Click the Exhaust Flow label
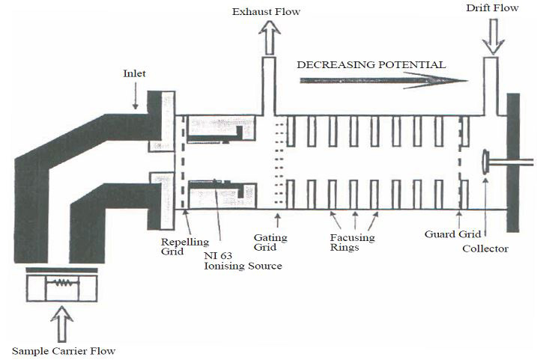coord(266,12)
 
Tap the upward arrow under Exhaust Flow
coord(270,37)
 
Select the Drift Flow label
coord(492,8)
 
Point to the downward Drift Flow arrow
coord(493,37)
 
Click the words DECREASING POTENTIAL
coord(371,64)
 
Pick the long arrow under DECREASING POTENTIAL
coord(384,81)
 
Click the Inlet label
coord(134,73)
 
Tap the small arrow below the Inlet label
coord(136,96)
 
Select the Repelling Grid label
coord(185,247)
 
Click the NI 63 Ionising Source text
coord(243,260)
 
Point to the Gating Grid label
coord(270,242)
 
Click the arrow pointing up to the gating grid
coord(277,220)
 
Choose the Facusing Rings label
coord(352,242)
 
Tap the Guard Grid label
coord(453,234)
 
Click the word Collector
coord(485,248)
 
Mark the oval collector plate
coord(485,162)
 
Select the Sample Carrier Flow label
coord(64,351)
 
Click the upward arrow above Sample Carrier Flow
coord(61,324)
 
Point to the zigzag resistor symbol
coord(62,283)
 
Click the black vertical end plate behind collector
coord(513,162)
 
